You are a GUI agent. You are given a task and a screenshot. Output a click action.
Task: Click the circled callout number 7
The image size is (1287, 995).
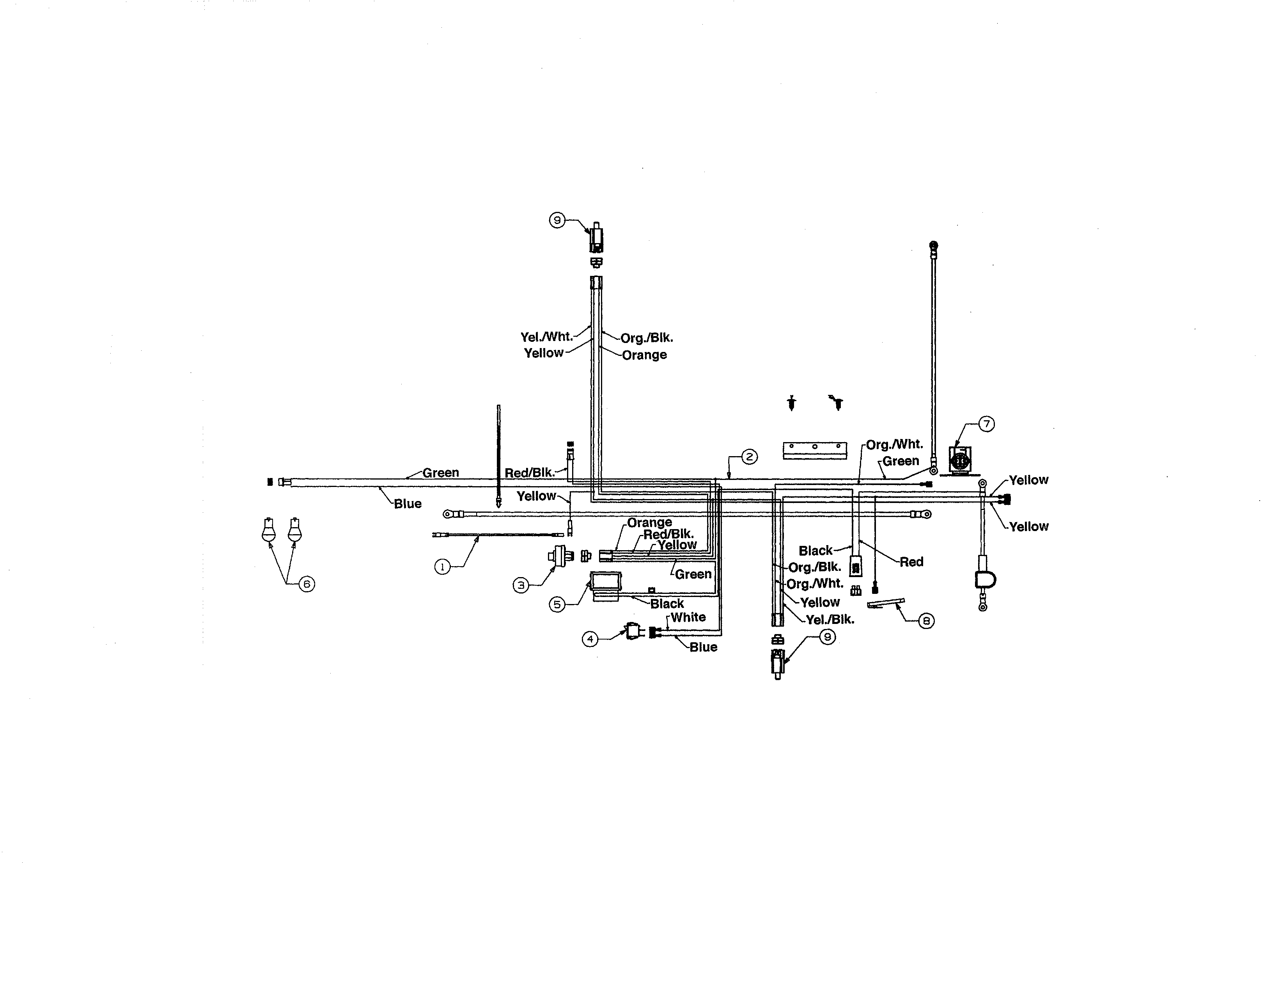click(986, 424)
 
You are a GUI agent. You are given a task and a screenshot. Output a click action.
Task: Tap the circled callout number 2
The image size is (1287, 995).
click(749, 457)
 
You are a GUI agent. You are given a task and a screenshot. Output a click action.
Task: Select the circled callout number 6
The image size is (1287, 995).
click(307, 584)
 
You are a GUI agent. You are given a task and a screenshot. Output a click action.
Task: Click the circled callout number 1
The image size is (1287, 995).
click(442, 567)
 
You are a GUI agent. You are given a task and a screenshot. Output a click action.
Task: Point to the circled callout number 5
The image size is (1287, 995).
click(557, 604)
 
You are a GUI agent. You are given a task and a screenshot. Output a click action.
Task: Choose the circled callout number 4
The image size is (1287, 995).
click(590, 639)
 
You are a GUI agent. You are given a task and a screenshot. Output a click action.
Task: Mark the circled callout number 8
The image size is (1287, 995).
click(926, 621)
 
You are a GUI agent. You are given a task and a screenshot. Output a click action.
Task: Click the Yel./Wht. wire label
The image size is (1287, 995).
click(546, 337)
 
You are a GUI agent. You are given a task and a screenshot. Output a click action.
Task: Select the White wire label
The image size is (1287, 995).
click(688, 617)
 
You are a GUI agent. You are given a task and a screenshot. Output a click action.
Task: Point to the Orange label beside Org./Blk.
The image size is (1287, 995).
click(644, 355)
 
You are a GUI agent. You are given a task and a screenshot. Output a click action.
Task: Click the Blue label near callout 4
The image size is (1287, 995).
click(703, 647)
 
